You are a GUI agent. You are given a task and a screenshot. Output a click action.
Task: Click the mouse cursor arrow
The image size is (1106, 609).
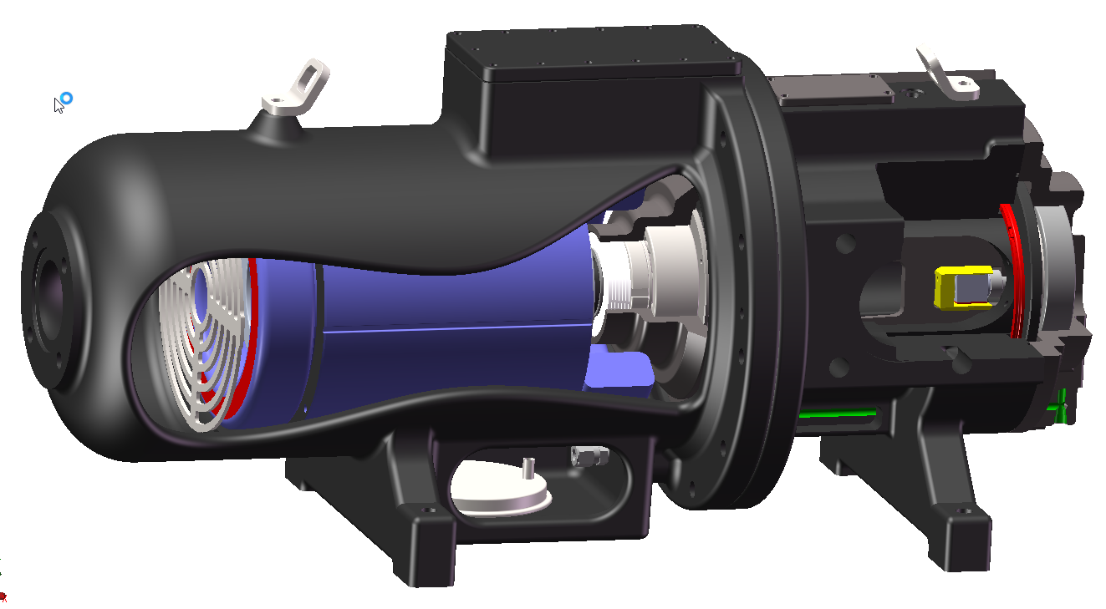click(x=58, y=104)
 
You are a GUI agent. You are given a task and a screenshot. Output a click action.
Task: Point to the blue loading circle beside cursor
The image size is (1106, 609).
click(x=67, y=99)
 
